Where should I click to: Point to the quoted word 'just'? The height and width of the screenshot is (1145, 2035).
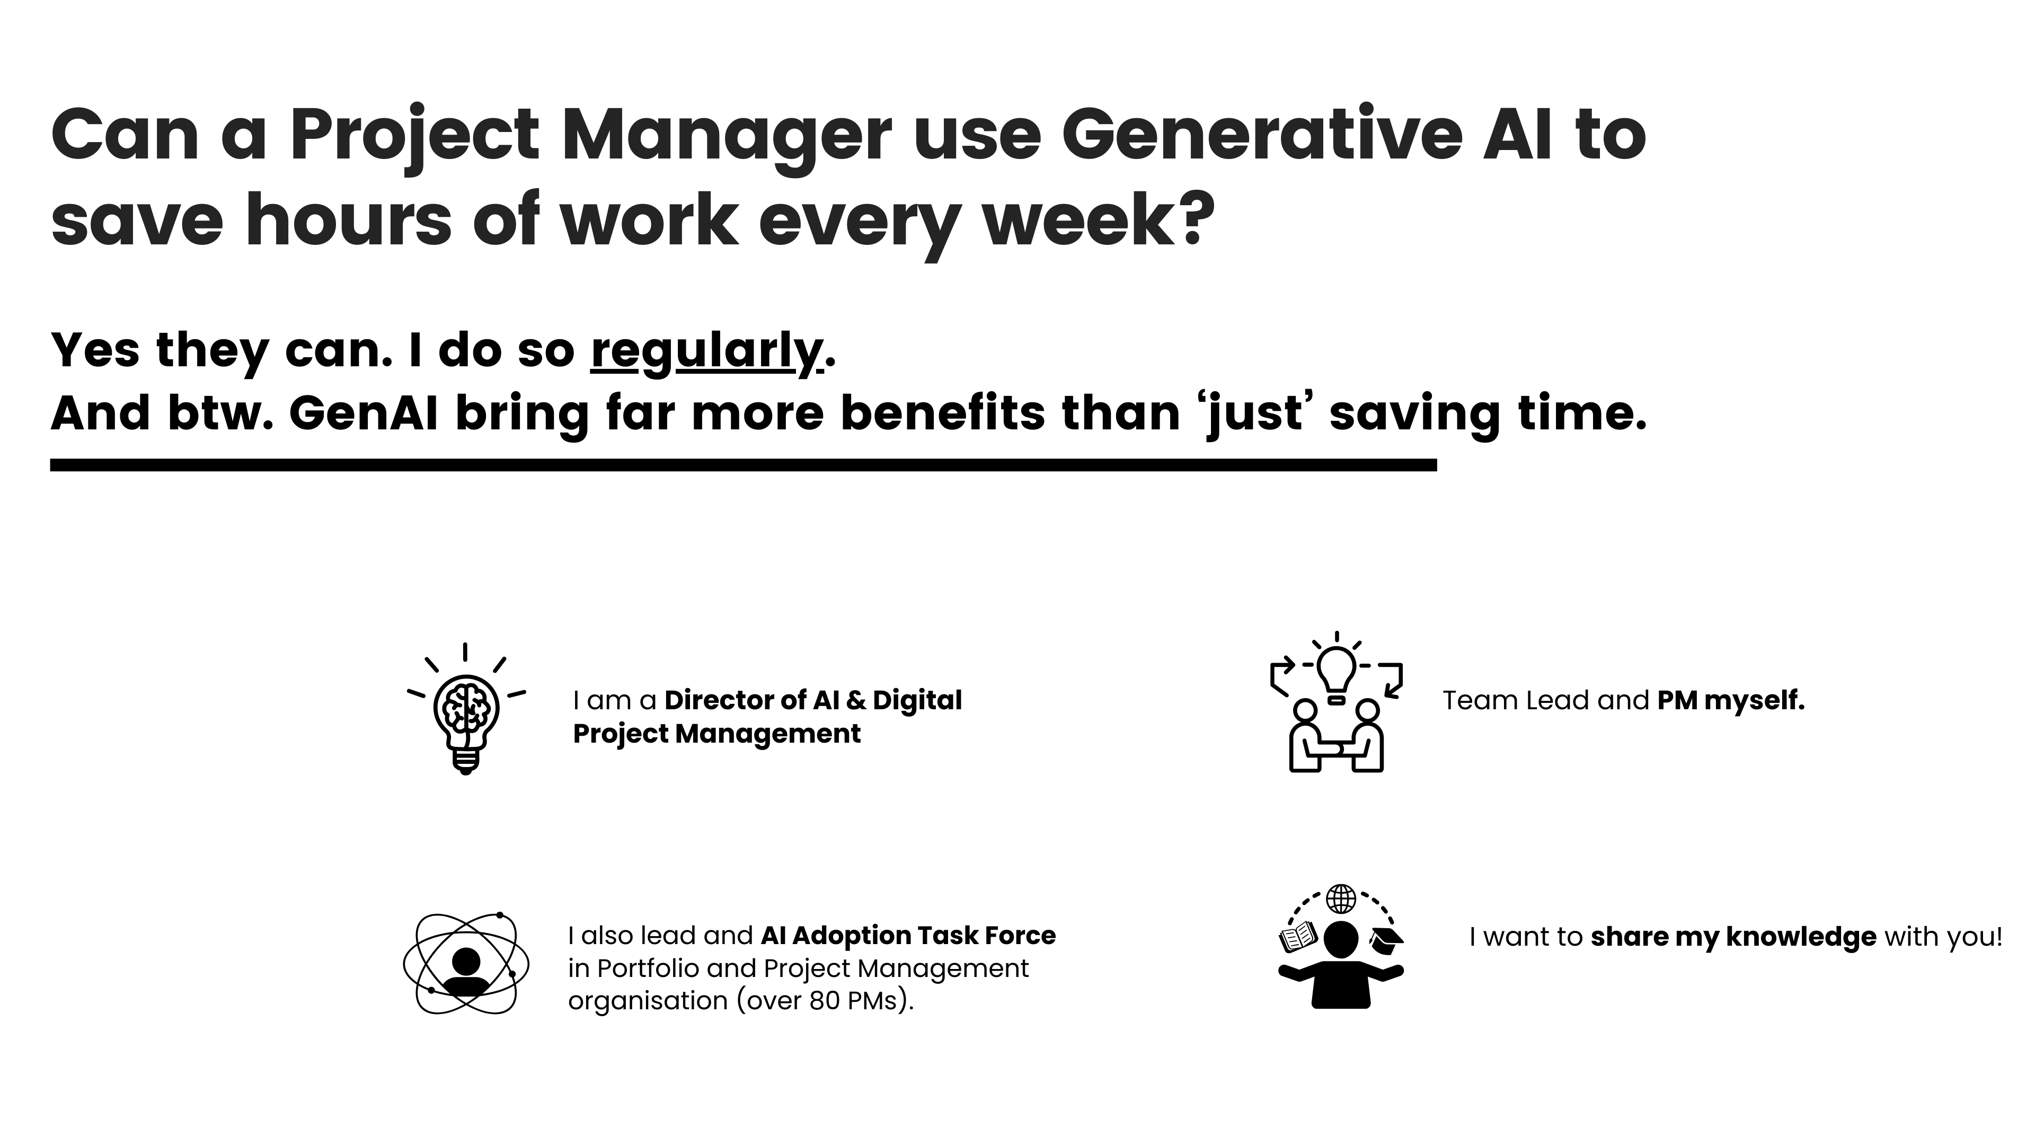pyautogui.click(x=1255, y=415)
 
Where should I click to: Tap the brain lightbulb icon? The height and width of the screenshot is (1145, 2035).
pyautogui.click(x=466, y=709)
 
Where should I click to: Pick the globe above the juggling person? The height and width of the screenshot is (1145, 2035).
pyautogui.click(x=1341, y=899)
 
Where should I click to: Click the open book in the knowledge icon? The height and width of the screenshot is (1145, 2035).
pyautogui.click(x=1298, y=938)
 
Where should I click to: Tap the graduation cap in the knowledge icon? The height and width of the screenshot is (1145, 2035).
pyautogui.click(x=1386, y=939)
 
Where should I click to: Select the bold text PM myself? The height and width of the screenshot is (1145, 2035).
pyautogui.click(x=1731, y=701)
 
